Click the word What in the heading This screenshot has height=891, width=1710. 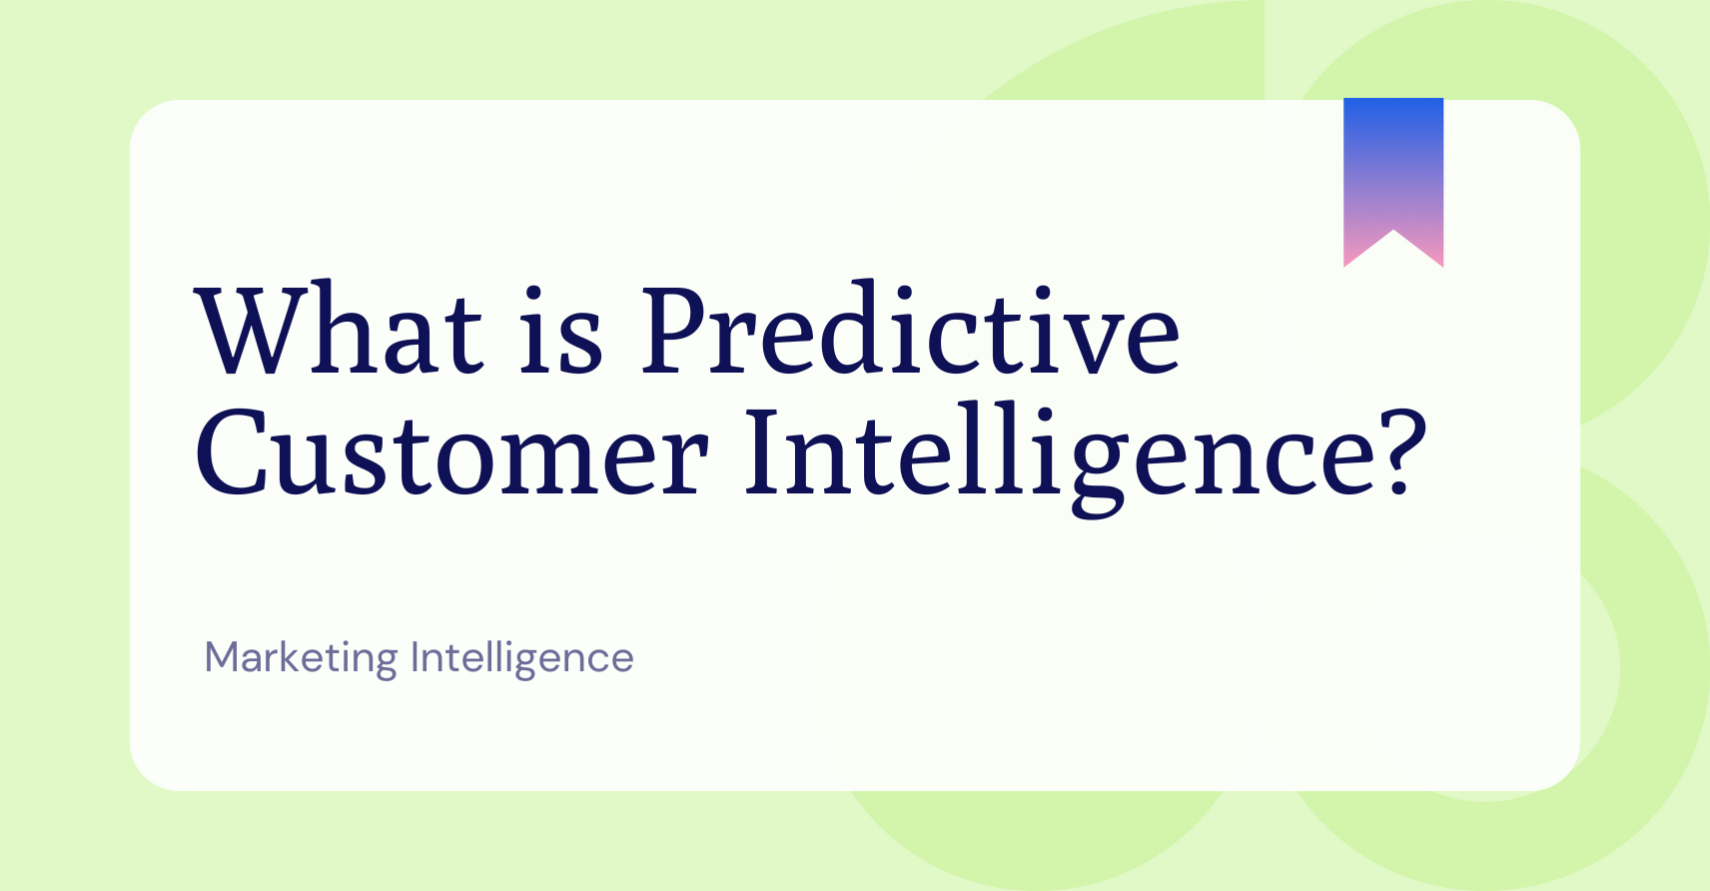pos(340,332)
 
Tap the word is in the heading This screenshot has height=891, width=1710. pos(561,332)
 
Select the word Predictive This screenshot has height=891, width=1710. pos(910,332)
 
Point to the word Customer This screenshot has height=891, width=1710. pos(451,454)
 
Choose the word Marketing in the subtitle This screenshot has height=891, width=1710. pos(301,658)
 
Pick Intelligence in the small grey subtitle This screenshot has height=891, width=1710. pos(521,658)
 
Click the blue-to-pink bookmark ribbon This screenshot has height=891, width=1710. pos(1393,170)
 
